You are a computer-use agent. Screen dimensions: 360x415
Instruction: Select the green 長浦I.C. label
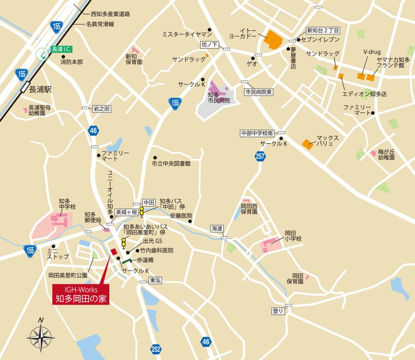(61, 49)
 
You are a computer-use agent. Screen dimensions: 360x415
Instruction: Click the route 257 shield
(261, 156)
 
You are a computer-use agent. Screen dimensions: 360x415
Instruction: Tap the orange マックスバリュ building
(308, 144)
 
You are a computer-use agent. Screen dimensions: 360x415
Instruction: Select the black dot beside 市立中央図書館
(154, 158)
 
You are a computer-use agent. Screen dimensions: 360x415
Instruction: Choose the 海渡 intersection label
(217, 229)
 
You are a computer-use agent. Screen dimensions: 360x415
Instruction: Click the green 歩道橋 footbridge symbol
(127, 260)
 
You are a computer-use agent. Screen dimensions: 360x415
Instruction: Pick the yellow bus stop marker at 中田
(141, 211)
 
